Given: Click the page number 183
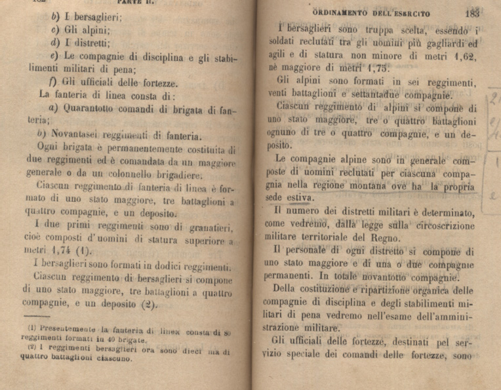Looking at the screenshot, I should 471,12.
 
